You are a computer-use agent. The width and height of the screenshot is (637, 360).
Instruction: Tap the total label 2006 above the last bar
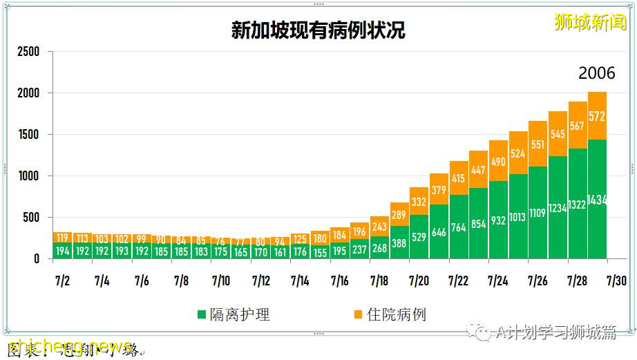(x=597, y=74)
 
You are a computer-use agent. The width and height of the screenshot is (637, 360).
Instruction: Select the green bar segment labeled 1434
(x=597, y=200)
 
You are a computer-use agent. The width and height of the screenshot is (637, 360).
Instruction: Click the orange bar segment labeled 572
(x=597, y=116)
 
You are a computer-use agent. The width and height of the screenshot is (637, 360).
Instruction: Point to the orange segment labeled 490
(x=498, y=162)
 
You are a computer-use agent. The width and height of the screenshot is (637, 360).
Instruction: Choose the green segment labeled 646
(x=439, y=233)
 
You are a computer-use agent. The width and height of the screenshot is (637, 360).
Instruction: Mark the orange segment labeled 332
(x=419, y=202)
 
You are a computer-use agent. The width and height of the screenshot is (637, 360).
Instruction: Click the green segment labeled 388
(x=399, y=243)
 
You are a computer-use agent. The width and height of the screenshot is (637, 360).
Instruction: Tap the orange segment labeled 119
(x=62, y=237)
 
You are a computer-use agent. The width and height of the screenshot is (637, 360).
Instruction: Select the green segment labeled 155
(x=319, y=253)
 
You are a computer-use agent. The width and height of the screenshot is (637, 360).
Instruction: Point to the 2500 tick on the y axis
(x=28, y=52)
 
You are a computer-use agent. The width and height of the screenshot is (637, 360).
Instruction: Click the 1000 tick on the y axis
(x=28, y=176)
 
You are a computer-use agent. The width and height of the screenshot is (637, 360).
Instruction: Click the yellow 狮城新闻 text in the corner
(x=591, y=23)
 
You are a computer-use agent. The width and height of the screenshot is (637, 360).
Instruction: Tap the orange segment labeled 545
(x=558, y=133)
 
